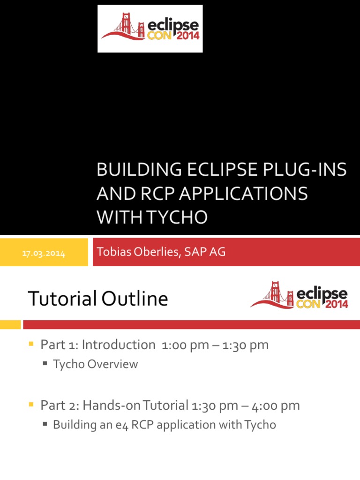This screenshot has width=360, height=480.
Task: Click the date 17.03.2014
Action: click(45, 254)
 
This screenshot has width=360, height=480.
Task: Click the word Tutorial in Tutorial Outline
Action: click(63, 299)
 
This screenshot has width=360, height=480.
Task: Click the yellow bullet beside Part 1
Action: click(31, 345)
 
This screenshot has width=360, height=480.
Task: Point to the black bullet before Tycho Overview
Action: click(45, 364)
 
